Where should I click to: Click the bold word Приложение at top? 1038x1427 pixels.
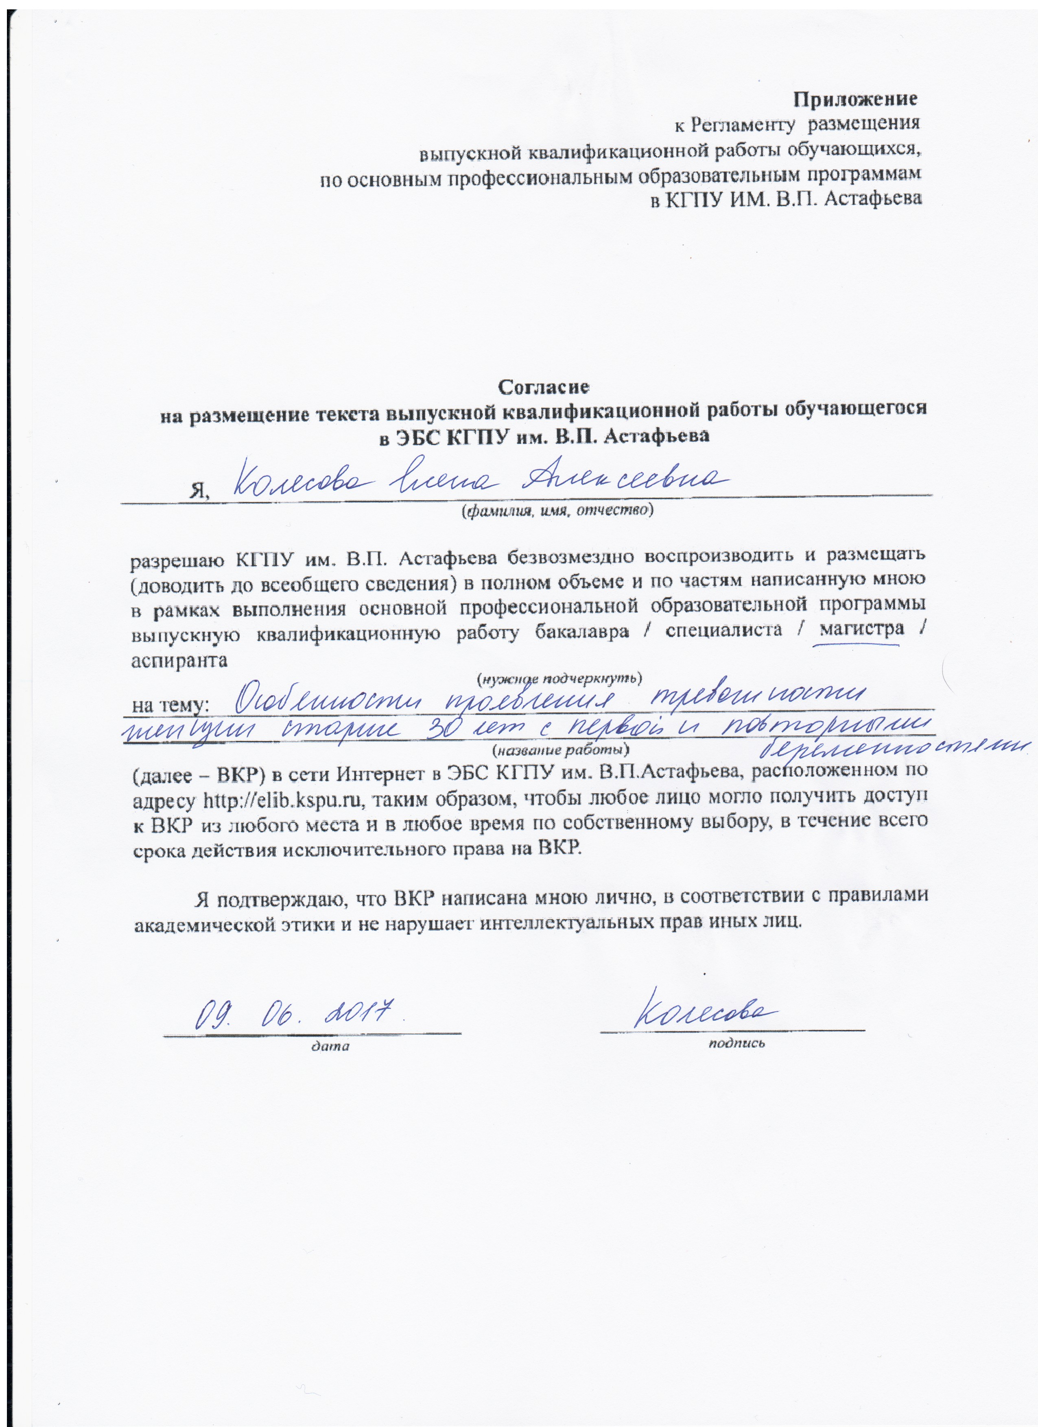tap(854, 99)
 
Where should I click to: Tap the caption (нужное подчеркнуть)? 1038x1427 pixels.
tap(558, 679)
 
